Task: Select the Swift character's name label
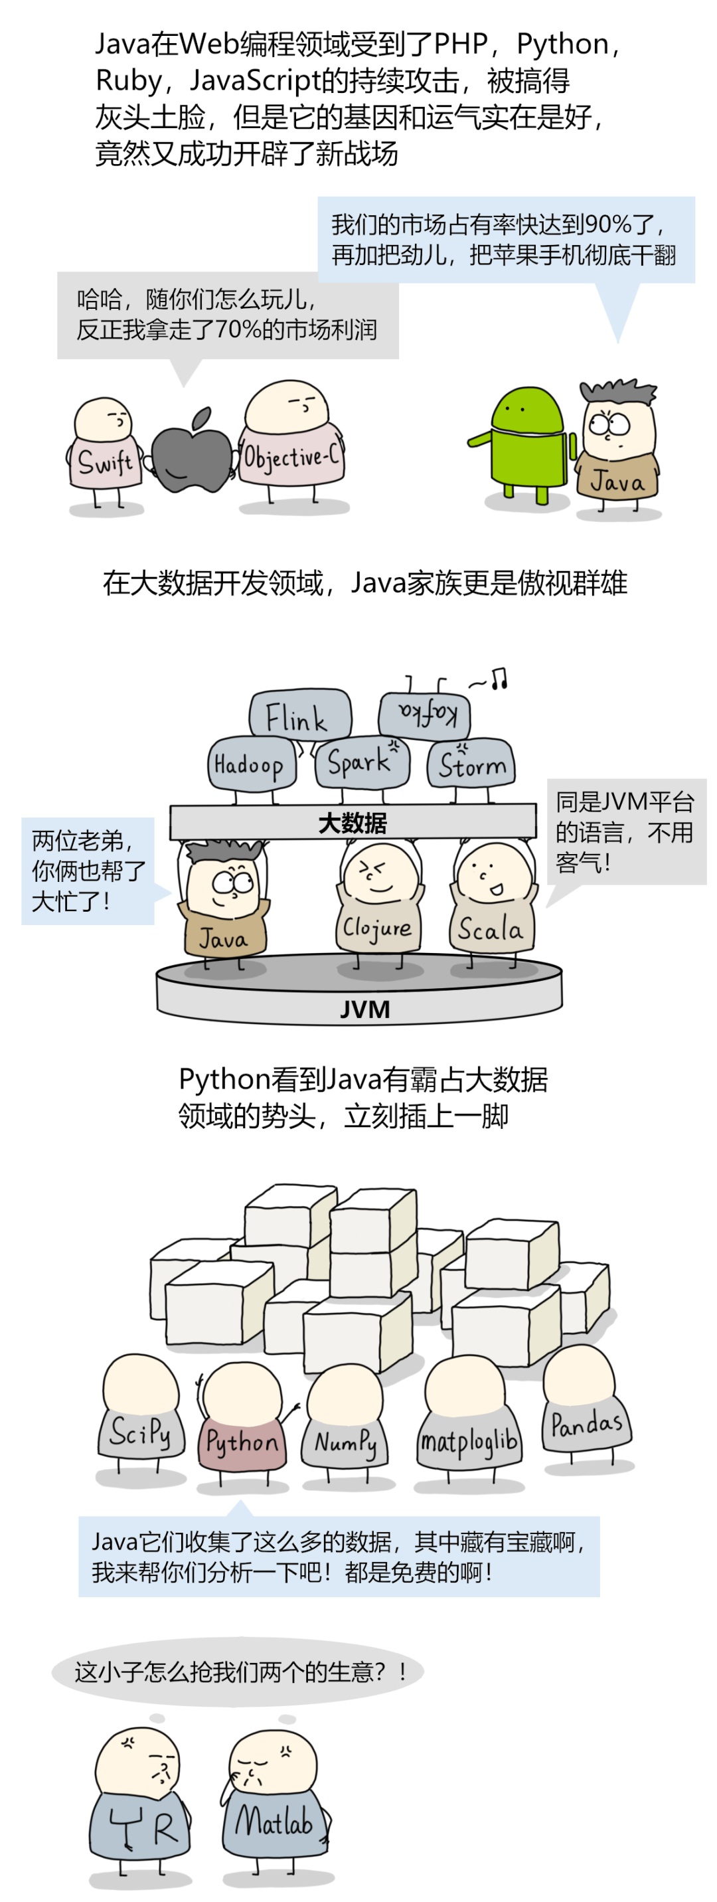[x=106, y=463]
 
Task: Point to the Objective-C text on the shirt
[x=291, y=458]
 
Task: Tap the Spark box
[x=360, y=762]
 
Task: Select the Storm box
[x=472, y=764]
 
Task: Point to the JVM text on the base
[x=364, y=1009]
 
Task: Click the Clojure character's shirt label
[x=376, y=927]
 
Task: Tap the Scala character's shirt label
[x=491, y=930]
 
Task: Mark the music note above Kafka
[x=499, y=678]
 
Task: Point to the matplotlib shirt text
[x=468, y=1440]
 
